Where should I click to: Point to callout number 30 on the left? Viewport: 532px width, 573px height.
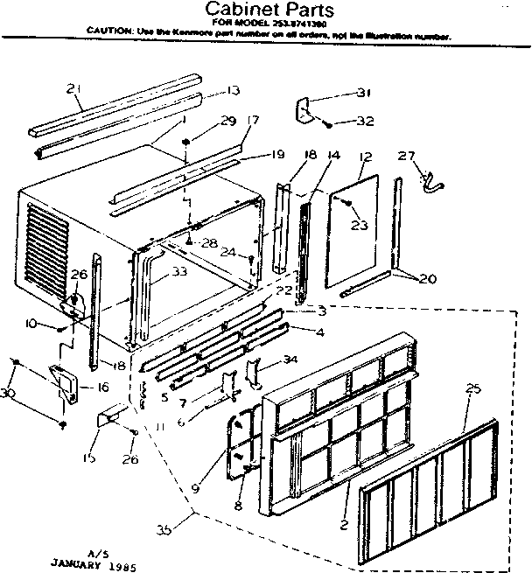coord(9,393)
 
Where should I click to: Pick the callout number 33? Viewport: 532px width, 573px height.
coord(178,272)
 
